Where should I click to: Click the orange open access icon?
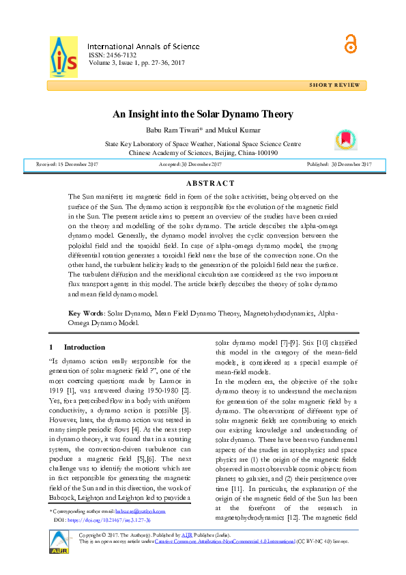(x=351, y=43)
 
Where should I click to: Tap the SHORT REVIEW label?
(x=334, y=85)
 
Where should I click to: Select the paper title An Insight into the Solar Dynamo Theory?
(x=203, y=115)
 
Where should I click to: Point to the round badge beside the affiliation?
(x=345, y=139)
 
